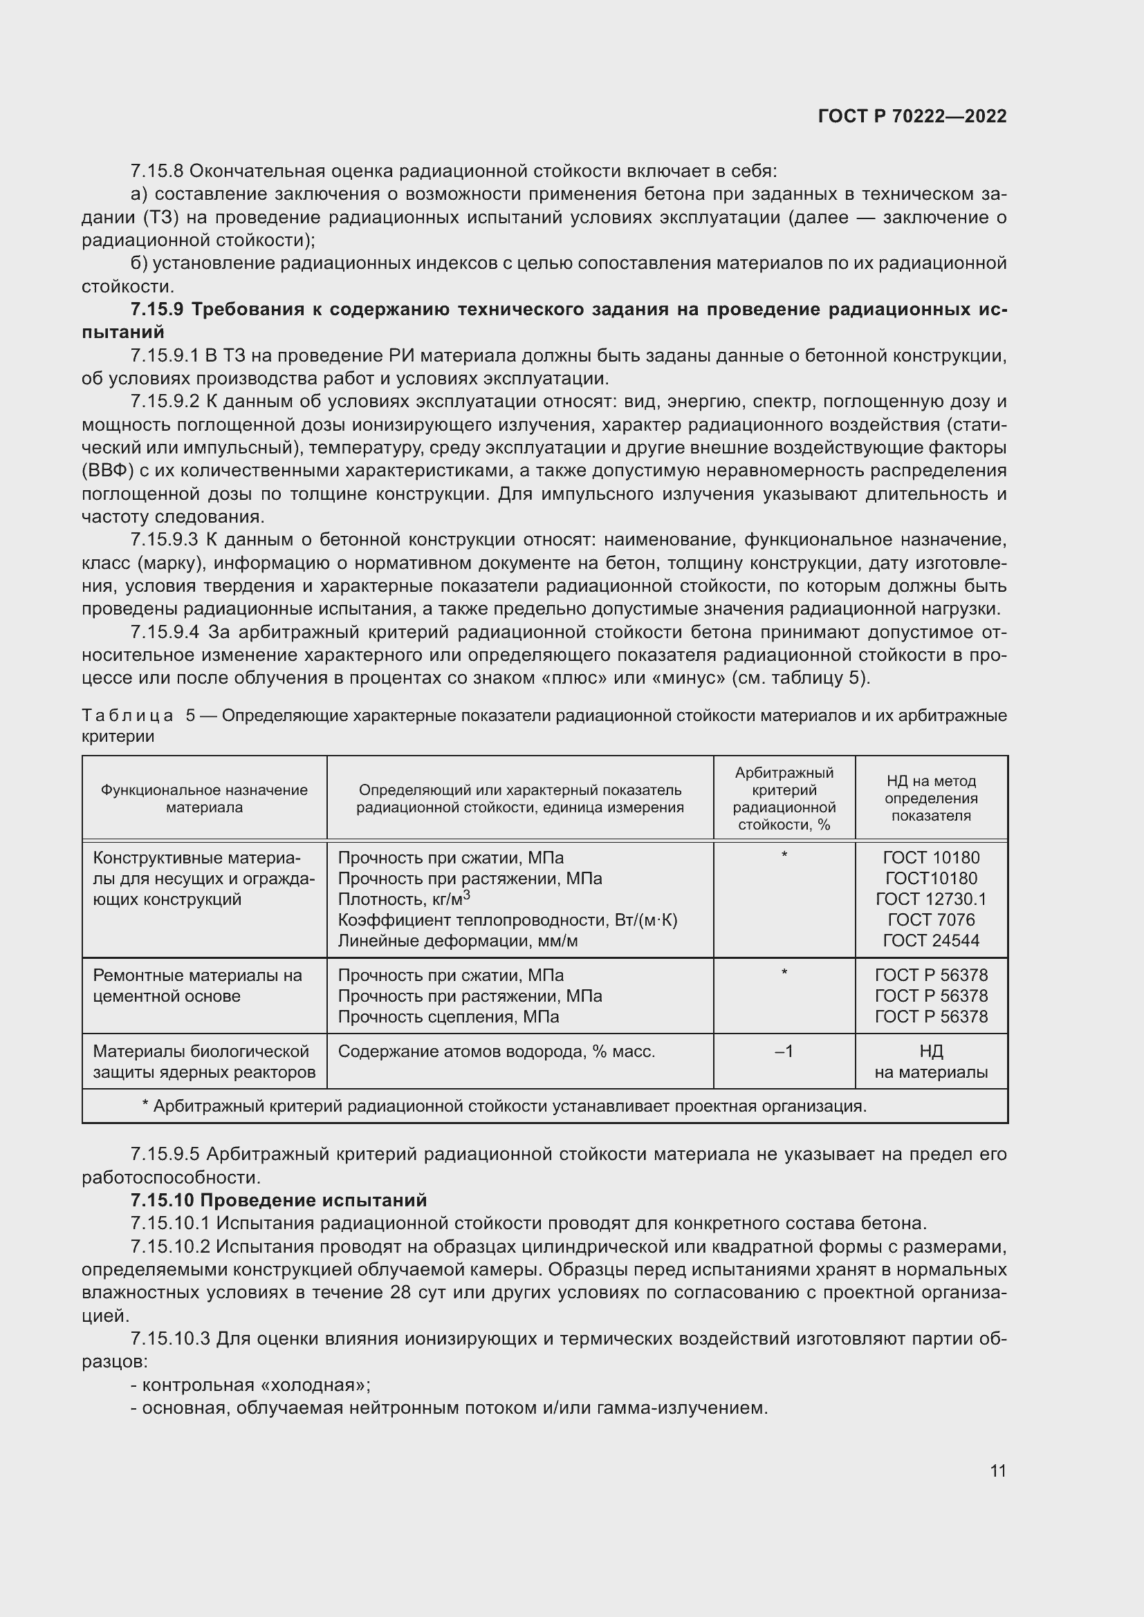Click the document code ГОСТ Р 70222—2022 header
[912, 116]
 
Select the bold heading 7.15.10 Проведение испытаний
[279, 1199]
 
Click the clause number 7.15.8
[156, 171]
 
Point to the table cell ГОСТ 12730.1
[930, 899]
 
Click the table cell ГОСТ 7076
[930, 919]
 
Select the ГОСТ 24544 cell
[930, 941]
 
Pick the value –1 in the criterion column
[784, 1051]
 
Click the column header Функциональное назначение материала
[204, 798]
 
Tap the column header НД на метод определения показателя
[930, 798]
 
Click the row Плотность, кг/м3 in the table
[404, 899]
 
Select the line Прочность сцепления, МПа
[448, 1016]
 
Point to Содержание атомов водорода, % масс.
[496, 1051]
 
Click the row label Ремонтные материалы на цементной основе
[197, 985]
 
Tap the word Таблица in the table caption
[127, 716]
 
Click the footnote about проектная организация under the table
[504, 1105]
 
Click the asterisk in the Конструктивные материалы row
[784, 856]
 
